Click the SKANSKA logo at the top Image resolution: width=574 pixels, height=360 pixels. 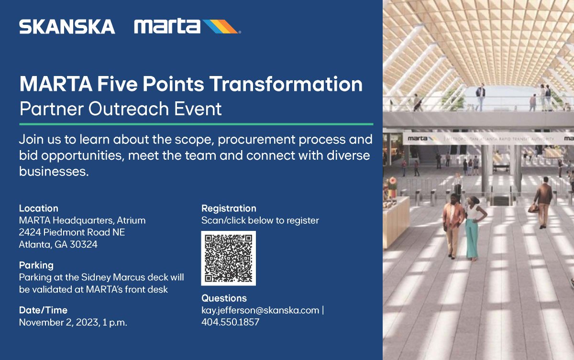click(67, 27)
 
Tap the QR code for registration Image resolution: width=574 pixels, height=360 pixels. click(228, 258)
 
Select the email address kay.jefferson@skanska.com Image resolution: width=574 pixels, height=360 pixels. click(260, 310)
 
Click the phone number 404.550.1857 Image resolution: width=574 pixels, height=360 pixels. click(230, 322)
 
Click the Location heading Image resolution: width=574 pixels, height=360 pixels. click(38, 208)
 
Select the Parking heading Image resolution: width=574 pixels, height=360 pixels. click(36, 265)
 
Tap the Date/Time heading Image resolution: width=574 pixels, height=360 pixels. click(43, 310)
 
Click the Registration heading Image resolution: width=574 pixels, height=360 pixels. click(229, 208)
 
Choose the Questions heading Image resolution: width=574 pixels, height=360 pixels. click(224, 298)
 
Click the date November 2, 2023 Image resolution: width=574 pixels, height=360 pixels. click(57, 323)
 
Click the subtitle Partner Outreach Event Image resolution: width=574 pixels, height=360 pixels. click(120, 109)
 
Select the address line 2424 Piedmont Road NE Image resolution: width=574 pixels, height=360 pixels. click(72, 233)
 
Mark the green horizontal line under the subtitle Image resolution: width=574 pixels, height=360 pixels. click(196, 124)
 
